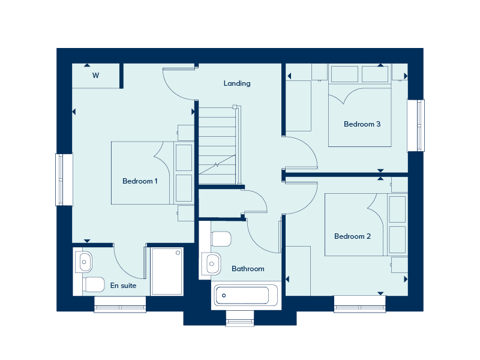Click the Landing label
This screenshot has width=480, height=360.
point(237,83)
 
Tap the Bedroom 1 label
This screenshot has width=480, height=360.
point(140,181)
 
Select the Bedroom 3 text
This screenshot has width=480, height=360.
point(362,124)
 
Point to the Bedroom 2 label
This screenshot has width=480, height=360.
point(352,236)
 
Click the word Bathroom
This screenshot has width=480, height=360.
point(248,269)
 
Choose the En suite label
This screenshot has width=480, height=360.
point(124,286)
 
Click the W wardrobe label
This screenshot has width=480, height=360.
point(96,76)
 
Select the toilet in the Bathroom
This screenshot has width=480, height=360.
point(221,239)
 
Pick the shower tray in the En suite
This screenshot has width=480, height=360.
point(167,272)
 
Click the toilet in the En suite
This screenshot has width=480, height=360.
point(94,284)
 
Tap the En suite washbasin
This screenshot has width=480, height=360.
point(83,262)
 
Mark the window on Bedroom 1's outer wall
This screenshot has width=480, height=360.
point(64,179)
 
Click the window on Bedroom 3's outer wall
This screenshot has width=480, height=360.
point(416,125)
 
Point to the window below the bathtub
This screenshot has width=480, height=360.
point(240,319)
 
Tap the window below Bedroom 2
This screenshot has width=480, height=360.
point(359,304)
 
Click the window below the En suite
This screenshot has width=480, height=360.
point(120,304)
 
